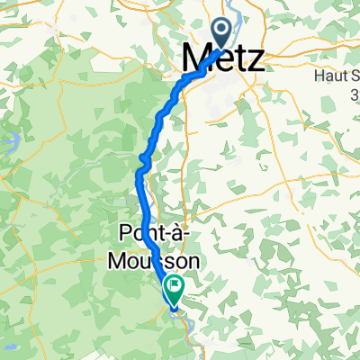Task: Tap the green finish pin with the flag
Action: click(x=172, y=288)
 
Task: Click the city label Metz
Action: click(x=222, y=61)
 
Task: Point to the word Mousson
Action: click(x=159, y=260)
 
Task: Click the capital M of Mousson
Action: click(x=128, y=260)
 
